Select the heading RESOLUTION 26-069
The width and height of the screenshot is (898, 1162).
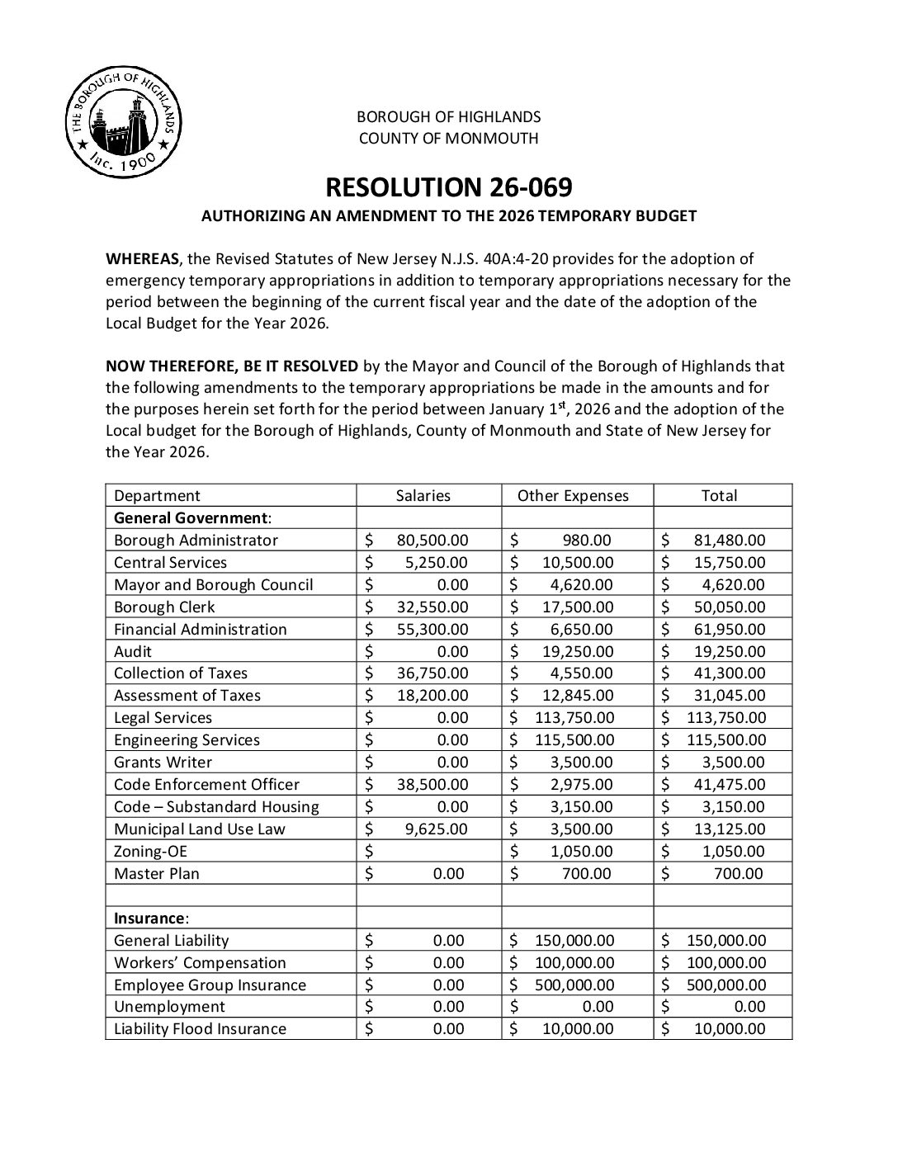[448, 187]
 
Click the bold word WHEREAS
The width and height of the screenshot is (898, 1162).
[142, 259]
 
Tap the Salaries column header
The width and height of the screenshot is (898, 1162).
[423, 496]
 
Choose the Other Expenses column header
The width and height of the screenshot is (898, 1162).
[573, 496]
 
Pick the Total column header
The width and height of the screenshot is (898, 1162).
[719, 496]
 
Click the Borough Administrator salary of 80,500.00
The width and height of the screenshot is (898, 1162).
[432, 541]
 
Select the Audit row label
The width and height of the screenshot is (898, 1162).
[133, 652]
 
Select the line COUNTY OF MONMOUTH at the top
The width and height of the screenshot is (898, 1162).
[448, 139]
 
